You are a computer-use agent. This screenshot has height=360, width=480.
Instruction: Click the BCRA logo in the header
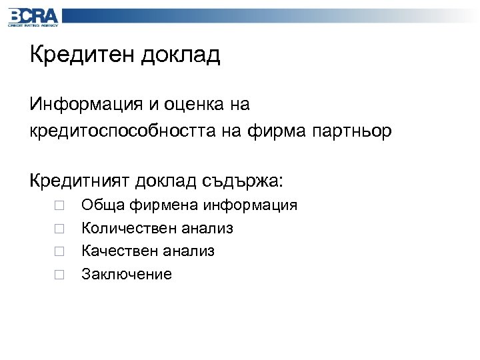click(x=33, y=16)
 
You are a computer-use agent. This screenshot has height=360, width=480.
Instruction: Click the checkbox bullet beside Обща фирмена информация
click(x=59, y=206)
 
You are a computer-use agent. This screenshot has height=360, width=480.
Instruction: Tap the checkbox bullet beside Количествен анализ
click(x=59, y=229)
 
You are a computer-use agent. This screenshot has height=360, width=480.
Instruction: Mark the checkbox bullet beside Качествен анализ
click(x=59, y=251)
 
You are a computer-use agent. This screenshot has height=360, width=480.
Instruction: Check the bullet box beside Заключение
click(x=59, y=274)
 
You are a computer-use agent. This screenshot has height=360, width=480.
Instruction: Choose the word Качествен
click(x=117, y=251)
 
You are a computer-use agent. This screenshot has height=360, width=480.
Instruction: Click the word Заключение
click(x=127, y=274)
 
